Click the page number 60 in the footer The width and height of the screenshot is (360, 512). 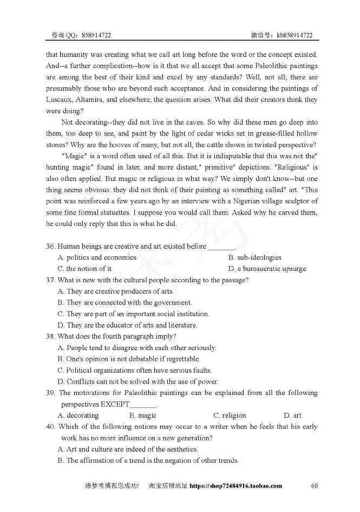314,485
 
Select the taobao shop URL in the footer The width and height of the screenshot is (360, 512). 236,486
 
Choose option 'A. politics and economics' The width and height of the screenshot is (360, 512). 97,257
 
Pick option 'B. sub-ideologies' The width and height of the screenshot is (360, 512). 255,257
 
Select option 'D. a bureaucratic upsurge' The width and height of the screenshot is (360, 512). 267,269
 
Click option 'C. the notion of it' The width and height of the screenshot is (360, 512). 84,269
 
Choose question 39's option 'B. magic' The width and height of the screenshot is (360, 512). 143,416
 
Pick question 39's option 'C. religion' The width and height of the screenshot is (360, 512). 230,416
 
